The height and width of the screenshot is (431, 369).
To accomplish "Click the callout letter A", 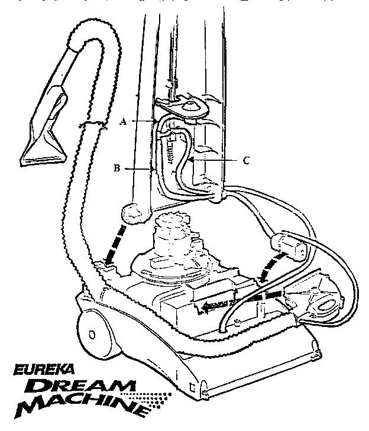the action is (124, 121).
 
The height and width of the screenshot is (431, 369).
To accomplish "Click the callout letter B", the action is (117, 168).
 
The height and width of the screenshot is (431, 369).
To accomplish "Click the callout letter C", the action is (246, 160).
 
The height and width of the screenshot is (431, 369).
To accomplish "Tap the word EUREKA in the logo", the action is (44, 369).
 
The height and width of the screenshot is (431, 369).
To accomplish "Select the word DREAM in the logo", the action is (80, 385).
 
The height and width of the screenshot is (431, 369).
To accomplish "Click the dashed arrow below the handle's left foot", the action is (114, 244).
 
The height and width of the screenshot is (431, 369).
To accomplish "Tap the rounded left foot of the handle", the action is (135, 213).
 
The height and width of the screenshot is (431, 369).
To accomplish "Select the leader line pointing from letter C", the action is (213, 160).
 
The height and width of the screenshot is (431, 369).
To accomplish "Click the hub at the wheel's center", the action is (92, 335).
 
